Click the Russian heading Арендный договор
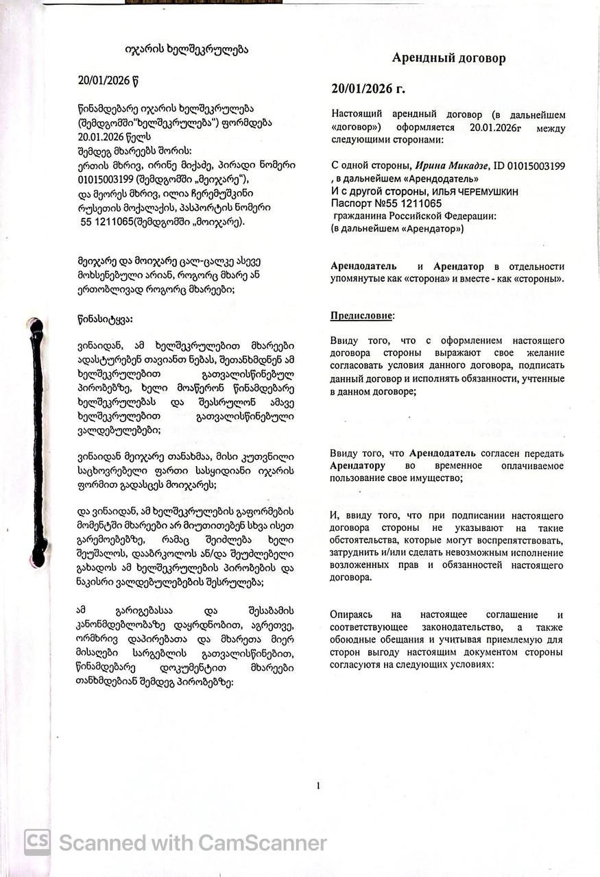(x=448, y=58)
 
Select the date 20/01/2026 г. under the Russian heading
(x=368, y=88)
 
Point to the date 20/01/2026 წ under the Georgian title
(x=113, y=80)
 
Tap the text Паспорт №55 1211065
(x=384, y=203)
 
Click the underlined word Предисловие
(x=362, y=316)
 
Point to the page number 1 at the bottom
(x=318, y=785)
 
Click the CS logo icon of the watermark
(x=37, y=842)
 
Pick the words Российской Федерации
(x=445, y=216)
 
